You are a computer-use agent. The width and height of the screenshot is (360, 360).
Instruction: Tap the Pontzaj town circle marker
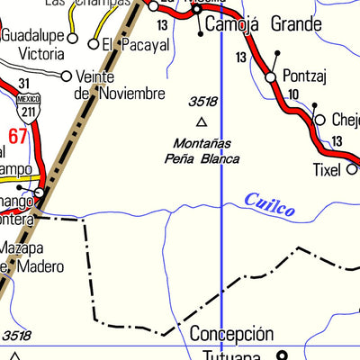(x=271, y=79)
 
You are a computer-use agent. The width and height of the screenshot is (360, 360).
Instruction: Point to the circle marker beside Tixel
(x=351, y=168)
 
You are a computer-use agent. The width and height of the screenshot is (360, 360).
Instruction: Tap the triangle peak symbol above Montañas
(x=202, y=121)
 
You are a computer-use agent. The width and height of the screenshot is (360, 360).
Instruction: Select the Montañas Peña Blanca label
(x=202, y=151)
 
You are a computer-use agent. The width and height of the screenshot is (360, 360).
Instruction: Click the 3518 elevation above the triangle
(x=202, y=103)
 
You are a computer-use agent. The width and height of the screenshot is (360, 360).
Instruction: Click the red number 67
(x=17, y=136)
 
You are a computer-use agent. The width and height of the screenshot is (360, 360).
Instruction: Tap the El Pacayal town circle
(x=93, y=43)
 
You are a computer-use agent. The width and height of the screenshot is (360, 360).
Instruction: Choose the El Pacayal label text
(x=121, y=43)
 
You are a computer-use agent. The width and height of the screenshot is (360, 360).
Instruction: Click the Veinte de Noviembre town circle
(x=66, y=77)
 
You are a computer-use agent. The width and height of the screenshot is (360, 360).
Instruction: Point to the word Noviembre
(x=131, y=94)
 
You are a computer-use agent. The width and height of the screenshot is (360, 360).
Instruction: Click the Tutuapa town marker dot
(x=280, y=355)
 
